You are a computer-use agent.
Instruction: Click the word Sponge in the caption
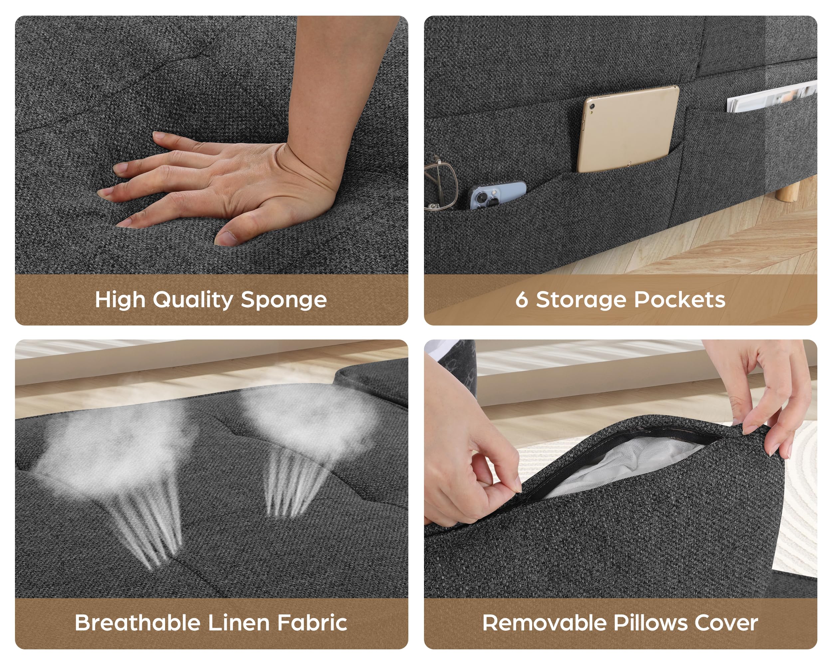(x=284, y=300)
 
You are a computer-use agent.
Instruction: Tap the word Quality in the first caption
(x=193, y=300)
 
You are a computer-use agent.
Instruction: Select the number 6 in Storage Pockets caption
(x=521, y=300)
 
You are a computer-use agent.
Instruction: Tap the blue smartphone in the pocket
(x=498, y=195)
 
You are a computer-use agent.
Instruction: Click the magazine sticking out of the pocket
(x=772, y=96)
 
